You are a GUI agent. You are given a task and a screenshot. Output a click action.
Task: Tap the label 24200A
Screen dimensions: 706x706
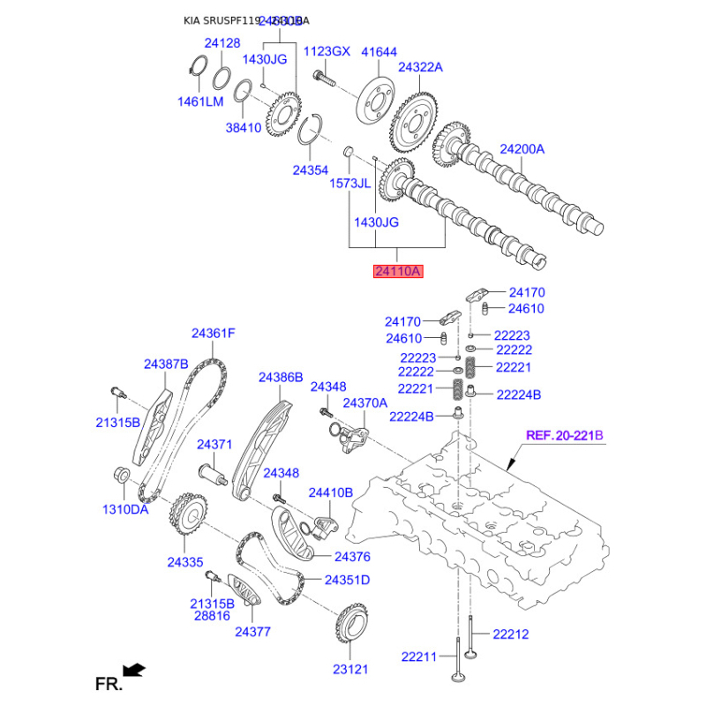tap(522, 149)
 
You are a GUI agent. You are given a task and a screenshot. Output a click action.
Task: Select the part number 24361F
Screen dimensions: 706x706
tap(214, 334)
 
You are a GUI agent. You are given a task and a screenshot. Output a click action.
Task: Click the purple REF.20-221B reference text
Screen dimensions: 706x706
tap(564, 435)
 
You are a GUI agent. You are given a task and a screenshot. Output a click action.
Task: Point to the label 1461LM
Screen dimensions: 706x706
tap(200, 101)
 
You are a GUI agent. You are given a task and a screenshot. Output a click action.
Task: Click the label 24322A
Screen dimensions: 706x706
tap(420, 67)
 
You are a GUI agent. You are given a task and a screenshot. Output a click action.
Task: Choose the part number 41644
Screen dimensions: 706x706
tap(379, 52)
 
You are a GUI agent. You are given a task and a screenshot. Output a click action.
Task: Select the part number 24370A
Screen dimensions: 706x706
tap(364, 402)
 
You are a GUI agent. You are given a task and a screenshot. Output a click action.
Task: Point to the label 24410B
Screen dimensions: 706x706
tap(330, 492)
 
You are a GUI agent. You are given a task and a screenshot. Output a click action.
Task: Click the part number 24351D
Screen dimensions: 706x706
tap(347, 580)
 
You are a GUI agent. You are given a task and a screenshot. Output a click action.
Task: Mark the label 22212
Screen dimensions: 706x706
tap(511, 633)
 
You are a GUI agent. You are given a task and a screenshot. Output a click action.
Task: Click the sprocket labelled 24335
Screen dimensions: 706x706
tap(186, 511)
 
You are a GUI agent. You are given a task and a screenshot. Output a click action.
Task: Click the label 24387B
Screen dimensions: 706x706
tap(167, 364)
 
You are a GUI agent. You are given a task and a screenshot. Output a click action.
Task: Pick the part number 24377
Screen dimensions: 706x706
tap(252, 632)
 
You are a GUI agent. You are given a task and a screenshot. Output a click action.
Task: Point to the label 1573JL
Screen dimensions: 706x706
tap(349, 184)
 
